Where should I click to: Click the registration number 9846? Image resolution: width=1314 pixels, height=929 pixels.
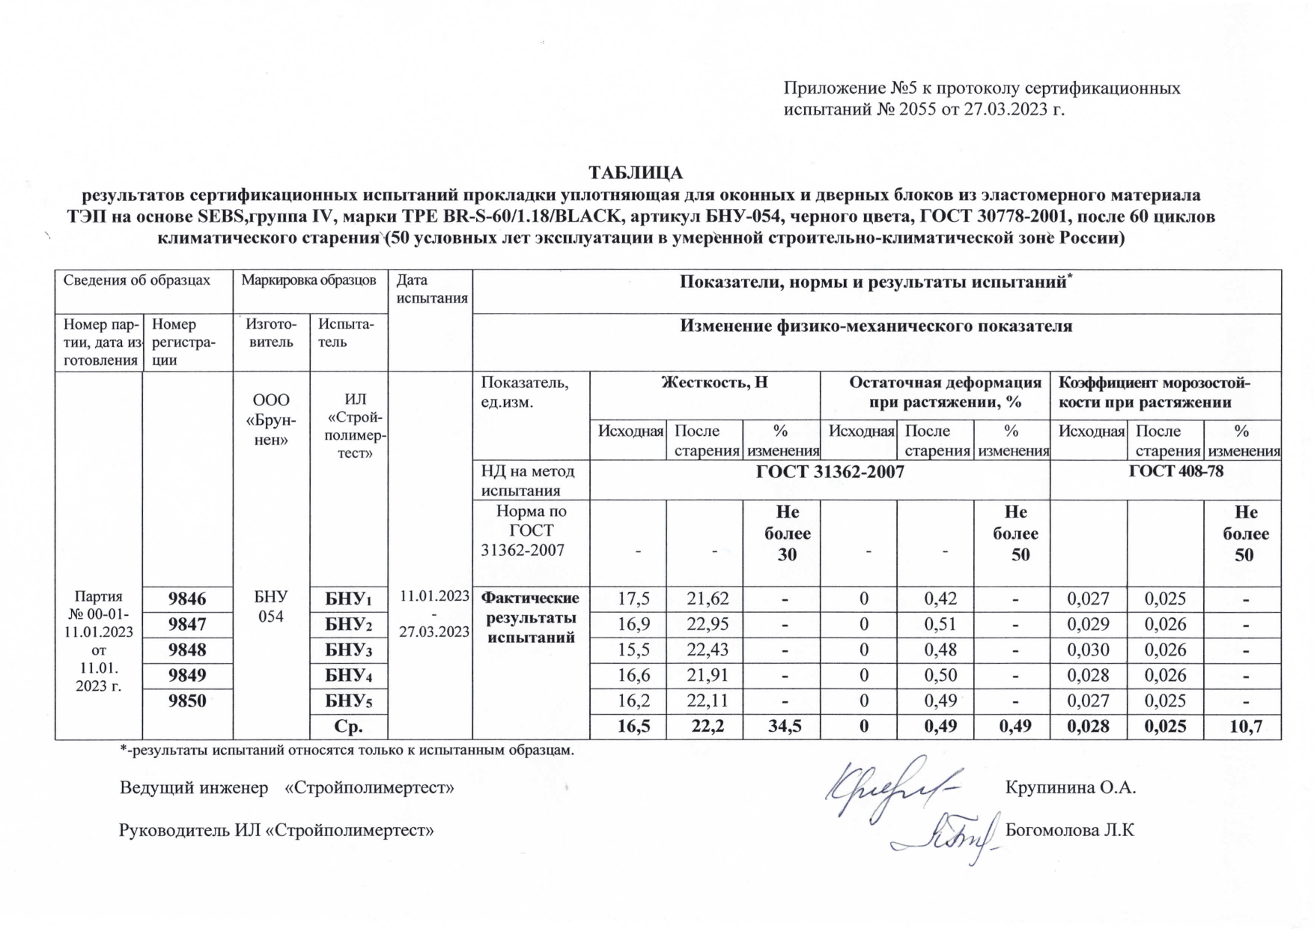coord(187,599)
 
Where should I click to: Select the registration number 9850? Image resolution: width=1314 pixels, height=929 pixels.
coord(187,701)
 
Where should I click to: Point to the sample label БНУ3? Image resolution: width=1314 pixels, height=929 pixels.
coord(349,650)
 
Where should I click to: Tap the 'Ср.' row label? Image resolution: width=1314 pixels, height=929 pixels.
coord(349,727)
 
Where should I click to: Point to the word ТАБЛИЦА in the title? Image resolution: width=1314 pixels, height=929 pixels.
coord(636,173)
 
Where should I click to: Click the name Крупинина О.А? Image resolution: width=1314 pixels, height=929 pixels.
coord(1071,787)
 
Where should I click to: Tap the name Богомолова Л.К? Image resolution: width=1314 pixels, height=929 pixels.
coord(1070,830)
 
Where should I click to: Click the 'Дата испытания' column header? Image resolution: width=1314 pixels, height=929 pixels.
coord(432,289)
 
